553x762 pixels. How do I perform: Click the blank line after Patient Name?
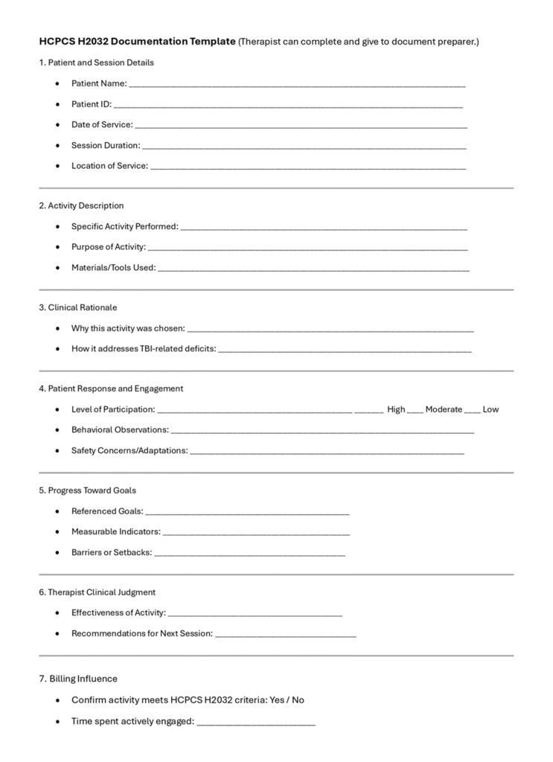click(297, 85)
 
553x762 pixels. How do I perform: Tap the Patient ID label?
click(91, 104)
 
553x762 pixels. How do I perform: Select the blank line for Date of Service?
click(301, 126)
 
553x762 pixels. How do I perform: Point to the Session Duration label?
click(105, 145)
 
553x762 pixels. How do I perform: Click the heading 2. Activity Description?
click(81, 205)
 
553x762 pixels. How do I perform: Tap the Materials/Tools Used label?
click(113, 267)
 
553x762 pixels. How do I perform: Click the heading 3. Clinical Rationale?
click(77, 307)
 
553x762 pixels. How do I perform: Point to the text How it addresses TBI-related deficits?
click(143, 348)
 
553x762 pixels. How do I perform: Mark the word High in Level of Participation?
click(396, 409)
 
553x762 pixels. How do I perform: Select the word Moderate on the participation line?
click(444, 409)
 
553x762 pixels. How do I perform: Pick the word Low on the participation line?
click(490, 409)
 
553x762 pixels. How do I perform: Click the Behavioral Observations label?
click(120, 429)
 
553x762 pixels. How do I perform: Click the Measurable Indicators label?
click(115, 532)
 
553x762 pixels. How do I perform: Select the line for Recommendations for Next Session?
click(285, 635)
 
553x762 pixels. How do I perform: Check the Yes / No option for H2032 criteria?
click(287, 700)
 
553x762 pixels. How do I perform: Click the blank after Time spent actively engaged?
click(256, 723)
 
